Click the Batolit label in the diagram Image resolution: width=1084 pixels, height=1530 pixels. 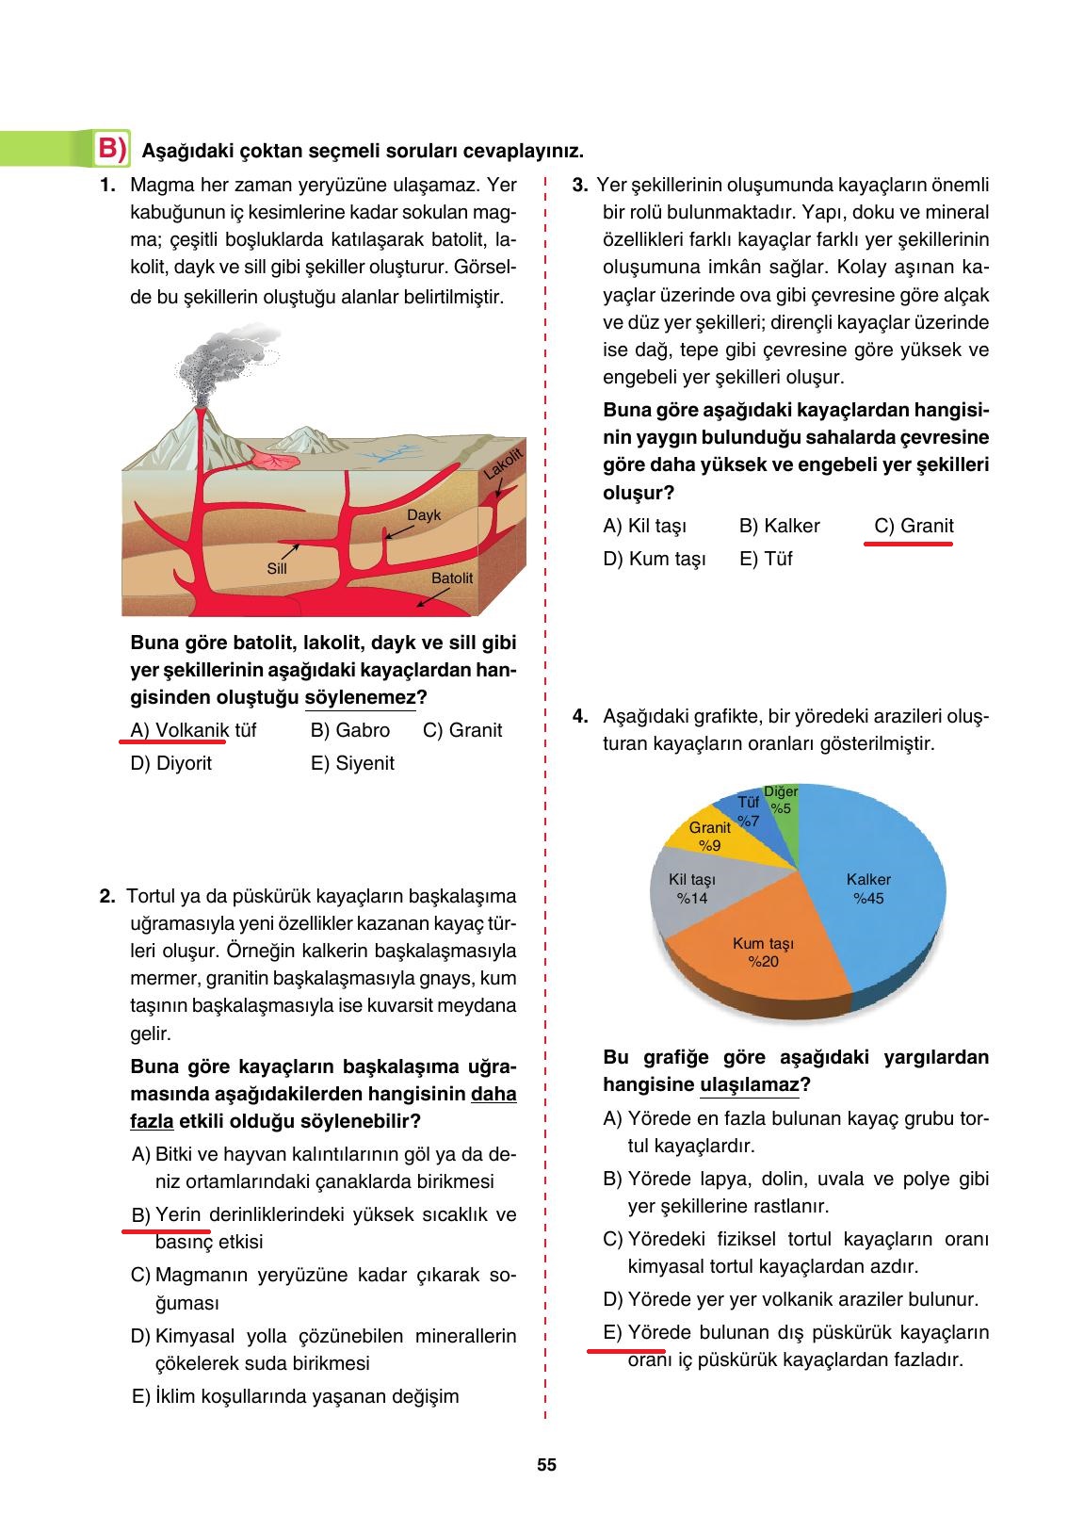coord(452,578)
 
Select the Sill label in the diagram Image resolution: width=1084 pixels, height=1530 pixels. coord(277,568)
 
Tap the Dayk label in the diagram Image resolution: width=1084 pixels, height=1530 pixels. coord(424,515)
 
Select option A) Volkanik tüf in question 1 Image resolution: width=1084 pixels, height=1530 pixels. coord(193,730)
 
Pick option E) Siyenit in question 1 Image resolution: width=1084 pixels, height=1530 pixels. coord(352,763)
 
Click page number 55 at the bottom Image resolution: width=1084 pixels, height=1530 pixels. coord(546,1465)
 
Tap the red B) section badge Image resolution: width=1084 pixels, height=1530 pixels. coord(112,149)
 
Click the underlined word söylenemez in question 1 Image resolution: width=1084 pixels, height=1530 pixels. coord(361,698)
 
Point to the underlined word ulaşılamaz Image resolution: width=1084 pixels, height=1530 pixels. coord(749,1084)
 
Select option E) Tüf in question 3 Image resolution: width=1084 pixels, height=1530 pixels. coord(766,559)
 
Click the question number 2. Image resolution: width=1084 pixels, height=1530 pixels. coord(107,896)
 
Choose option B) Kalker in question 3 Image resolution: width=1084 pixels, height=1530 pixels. coord(779,526)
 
